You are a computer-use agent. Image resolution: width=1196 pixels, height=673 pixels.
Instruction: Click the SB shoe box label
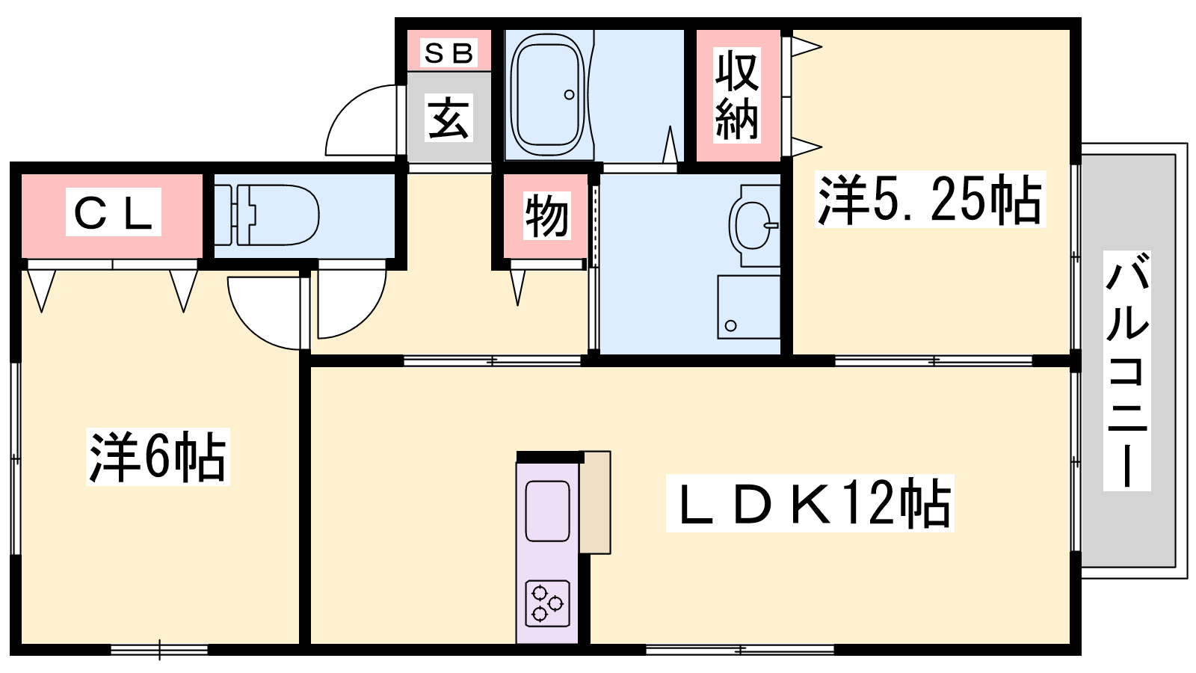[x=449, y=53]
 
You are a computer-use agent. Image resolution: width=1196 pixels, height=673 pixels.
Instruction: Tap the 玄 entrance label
[x=449, y=117]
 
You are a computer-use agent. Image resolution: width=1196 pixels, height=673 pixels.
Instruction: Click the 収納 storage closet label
[x=737, y=96]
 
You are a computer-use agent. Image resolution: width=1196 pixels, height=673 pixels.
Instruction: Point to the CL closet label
[x=113, y=212]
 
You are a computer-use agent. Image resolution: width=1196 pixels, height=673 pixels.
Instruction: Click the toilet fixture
[x=267, y=215]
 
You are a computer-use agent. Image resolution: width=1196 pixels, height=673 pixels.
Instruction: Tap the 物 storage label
[x=546, y=216]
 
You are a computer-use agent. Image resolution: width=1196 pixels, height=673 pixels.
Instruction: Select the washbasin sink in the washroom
[x=753, y=225]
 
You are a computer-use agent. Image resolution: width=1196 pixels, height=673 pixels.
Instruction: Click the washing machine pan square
[x=748, y=307]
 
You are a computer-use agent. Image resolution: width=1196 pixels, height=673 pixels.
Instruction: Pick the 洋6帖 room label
[x=158, y=457]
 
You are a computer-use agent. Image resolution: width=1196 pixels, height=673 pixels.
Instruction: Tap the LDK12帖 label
[x=810, y=503]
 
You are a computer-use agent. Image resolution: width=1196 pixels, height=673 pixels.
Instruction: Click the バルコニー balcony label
[x=1126, y=371]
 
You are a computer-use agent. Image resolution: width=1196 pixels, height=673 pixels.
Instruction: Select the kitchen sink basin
[x=547, y=511]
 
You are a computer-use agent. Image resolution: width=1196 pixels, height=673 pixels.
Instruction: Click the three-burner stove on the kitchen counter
[x=547, y=603]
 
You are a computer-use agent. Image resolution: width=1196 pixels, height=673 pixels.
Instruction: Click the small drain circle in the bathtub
[x=569, y=94]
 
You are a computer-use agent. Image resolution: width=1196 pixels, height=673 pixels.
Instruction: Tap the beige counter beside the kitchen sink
[x=595, y=502]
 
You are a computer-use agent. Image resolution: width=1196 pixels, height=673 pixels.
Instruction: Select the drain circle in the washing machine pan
[x=731, y=325]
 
